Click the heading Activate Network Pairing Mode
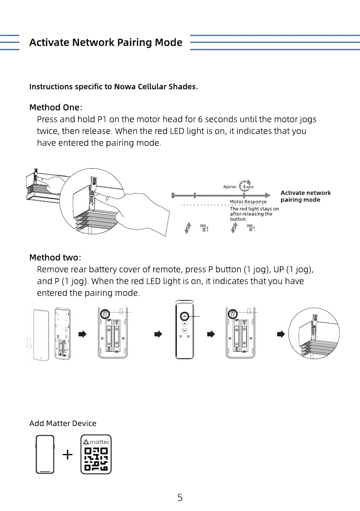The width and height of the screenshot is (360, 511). coord(106,42)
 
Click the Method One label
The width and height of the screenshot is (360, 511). coord(54,107)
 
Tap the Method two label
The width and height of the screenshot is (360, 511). coord(54,257)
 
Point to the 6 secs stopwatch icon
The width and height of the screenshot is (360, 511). coord(246,186)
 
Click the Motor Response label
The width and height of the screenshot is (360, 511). coord(248,201)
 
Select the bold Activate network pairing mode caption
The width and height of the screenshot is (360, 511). coord(306,196)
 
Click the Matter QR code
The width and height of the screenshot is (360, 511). coord(96,458)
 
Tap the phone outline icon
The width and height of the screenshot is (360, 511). coord(45,454)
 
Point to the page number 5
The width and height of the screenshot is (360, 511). coord(180,498)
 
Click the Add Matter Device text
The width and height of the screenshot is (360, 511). coord(63,423)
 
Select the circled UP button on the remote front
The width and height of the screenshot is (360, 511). coord(184,316)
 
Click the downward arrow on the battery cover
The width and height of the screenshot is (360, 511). coord(29,343)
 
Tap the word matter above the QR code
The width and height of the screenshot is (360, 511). coord(100,441)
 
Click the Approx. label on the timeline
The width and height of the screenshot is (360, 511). coord(230,187)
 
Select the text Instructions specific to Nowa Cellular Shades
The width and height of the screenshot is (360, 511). coord(113,87)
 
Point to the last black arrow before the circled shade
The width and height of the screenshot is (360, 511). coord(281,334)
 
